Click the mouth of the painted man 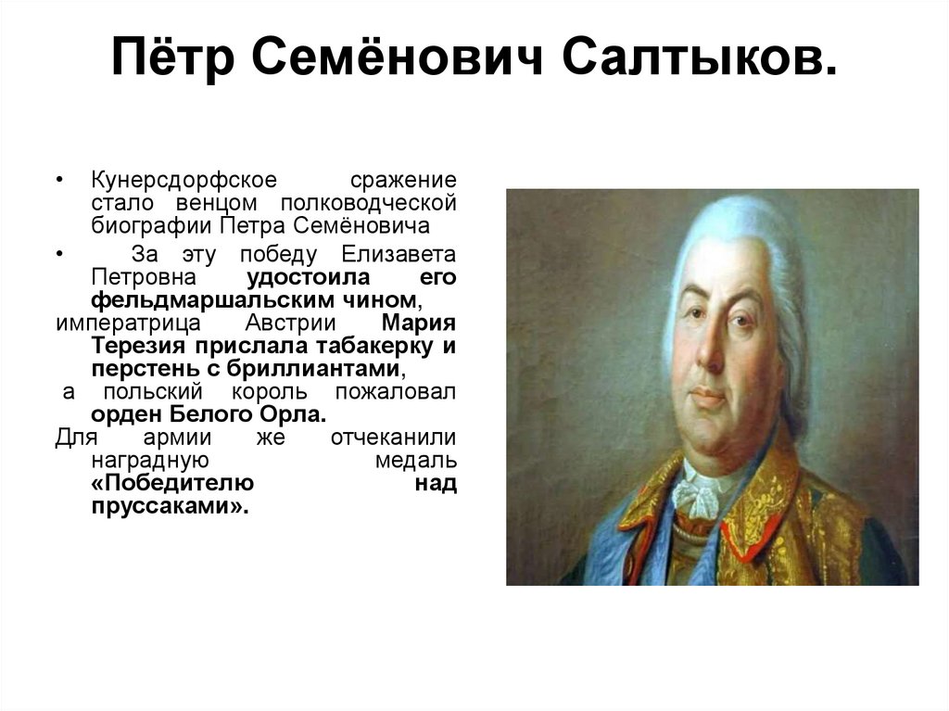coord(709,396)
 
